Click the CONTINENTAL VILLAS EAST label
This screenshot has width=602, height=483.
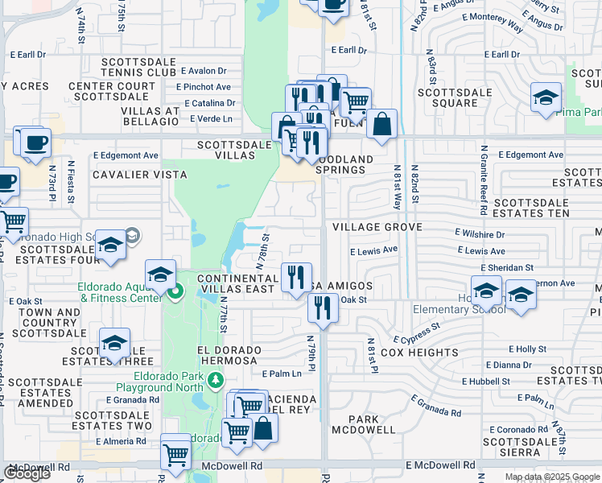pyautogui.click(x=238, y=283)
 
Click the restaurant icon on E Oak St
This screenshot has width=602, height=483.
pyautogui.click(x=323, y=307)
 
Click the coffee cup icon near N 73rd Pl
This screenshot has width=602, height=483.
pyautogui.click(x=35, y=142)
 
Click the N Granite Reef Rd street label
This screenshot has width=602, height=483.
pyautogui.click(x=484, y=181)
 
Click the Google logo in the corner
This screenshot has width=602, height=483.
pyautogui.click(x=27, y=473)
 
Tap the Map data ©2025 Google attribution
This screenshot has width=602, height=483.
pyautogui.click(x=551, y=477)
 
